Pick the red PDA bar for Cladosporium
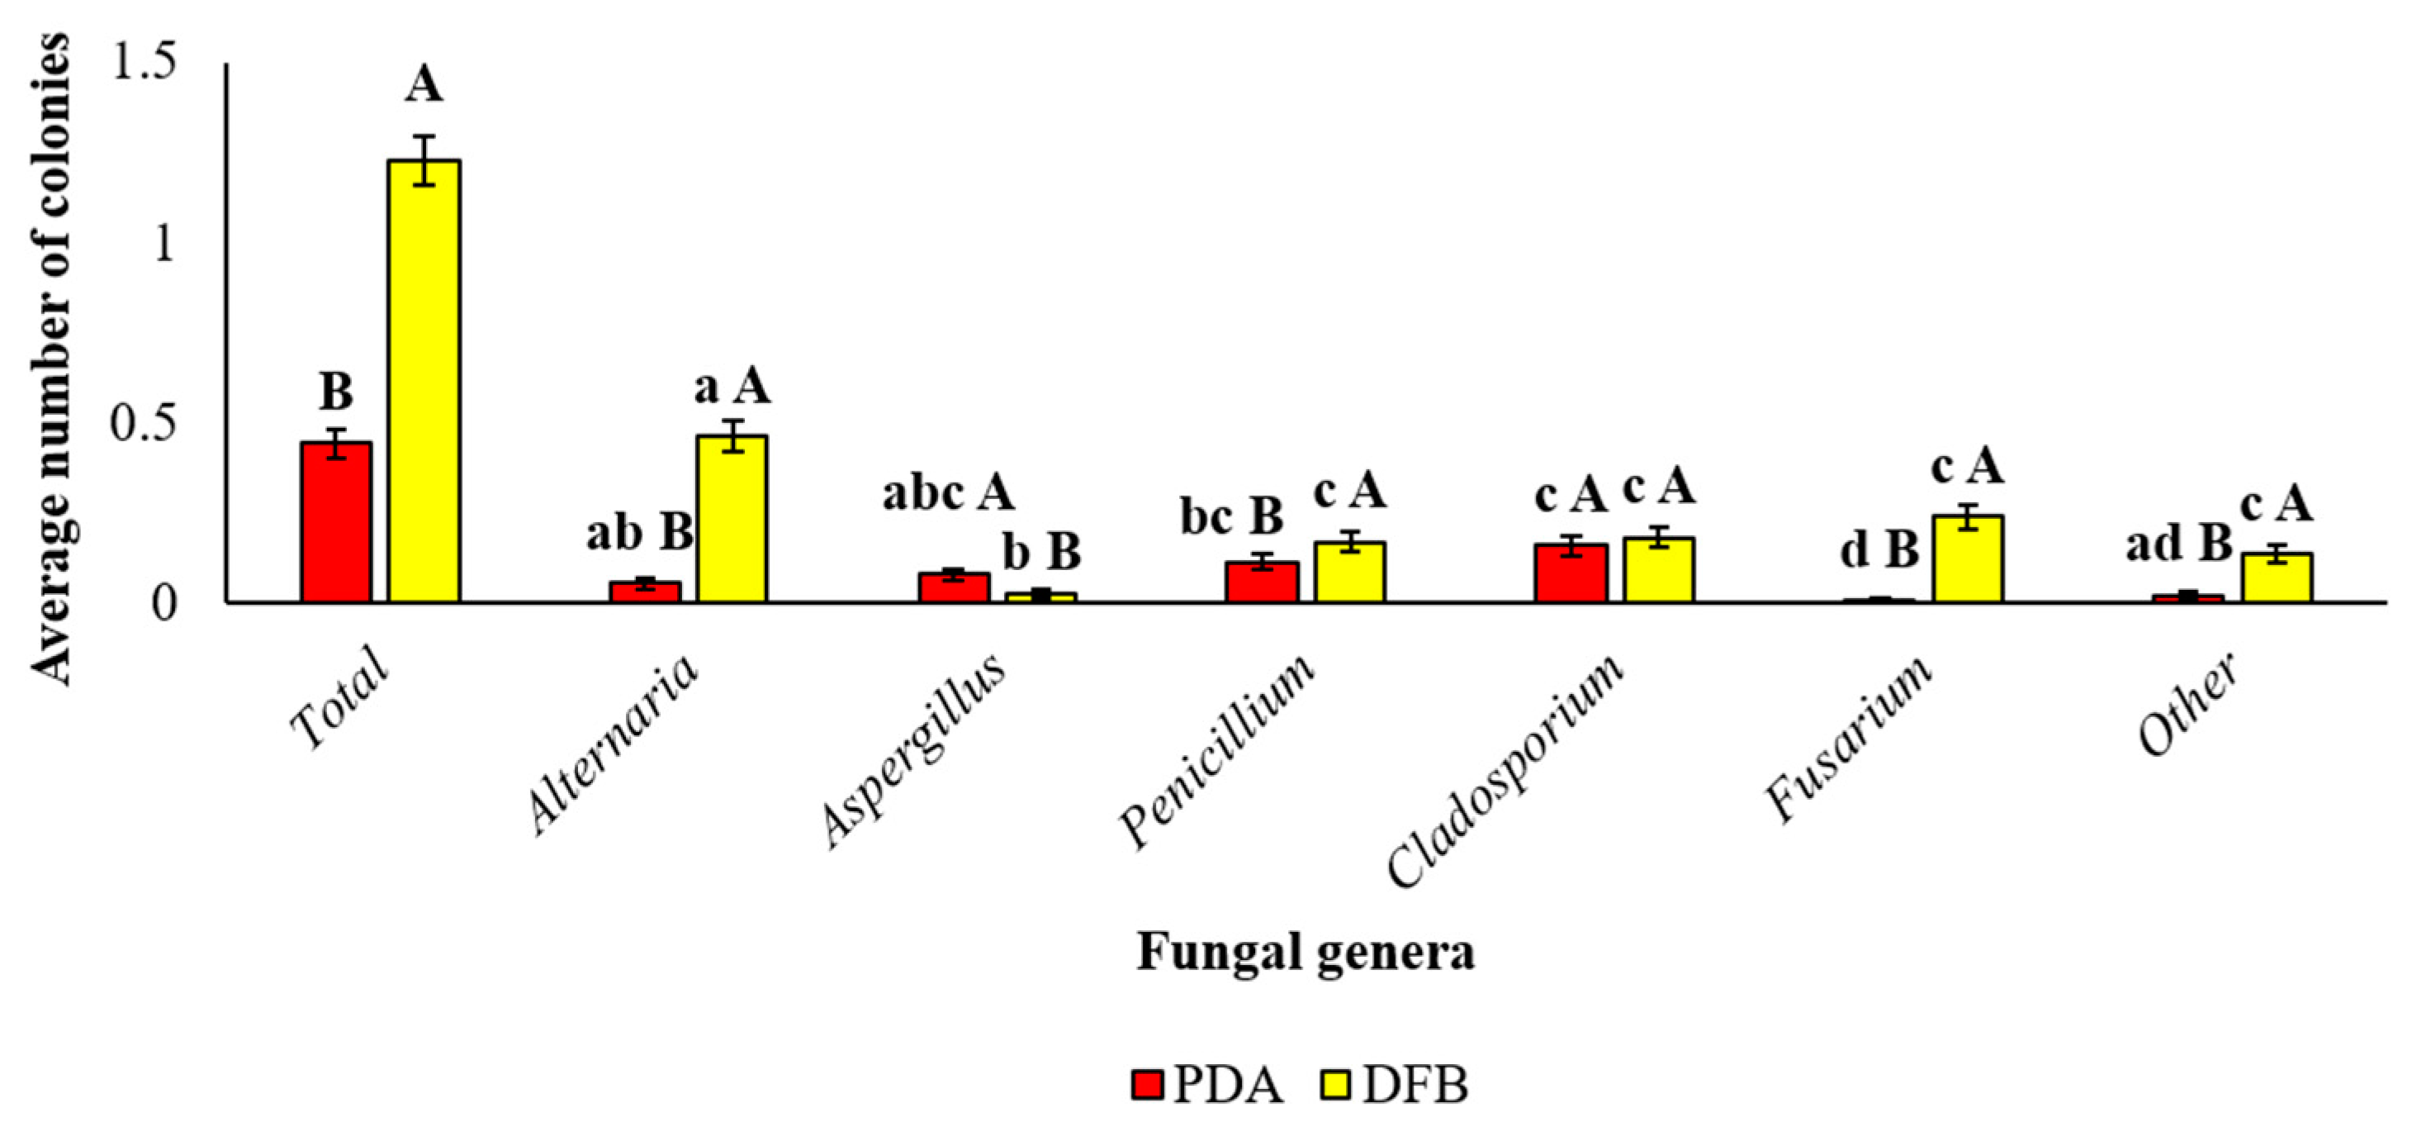pos(1571,573)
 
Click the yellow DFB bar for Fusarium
pos(1967,558)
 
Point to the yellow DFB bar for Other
pos(2275,577)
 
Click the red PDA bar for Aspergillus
pos(953,587)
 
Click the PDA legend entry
pos(1208,1086)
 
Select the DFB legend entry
pos(1396,1086)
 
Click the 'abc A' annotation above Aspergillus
pos(949,492)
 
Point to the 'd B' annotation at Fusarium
pos(1879,549)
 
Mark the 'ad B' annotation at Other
pos(2178,544)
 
